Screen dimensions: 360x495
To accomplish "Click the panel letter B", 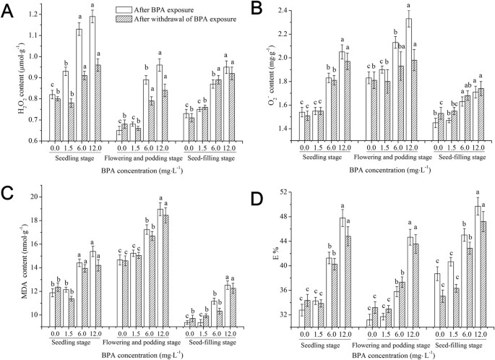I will coord(254,9).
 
